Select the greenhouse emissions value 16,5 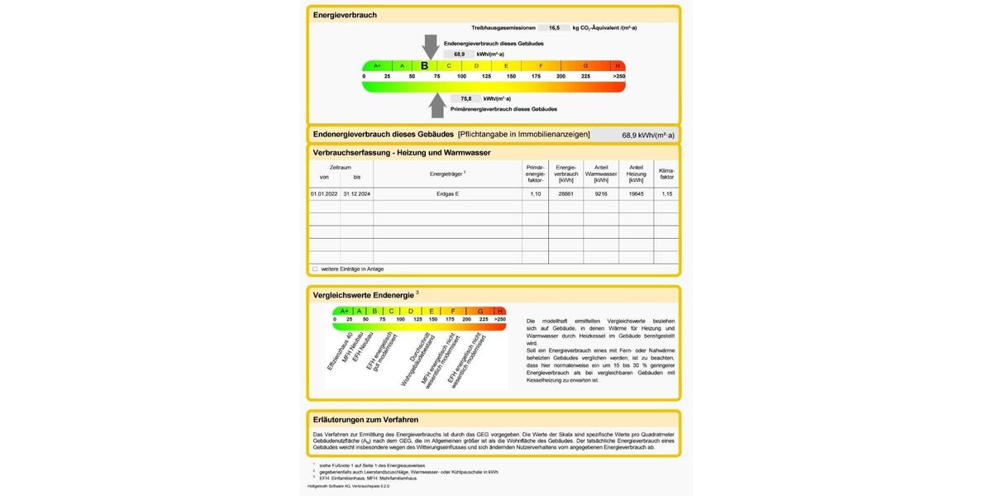pos(554,28)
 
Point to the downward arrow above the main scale pos(430,45)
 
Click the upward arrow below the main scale pos(436,105)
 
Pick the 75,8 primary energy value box pos(466,98)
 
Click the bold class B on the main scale pos(425,66)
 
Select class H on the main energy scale pos(617,66)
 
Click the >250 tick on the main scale pos(618,77)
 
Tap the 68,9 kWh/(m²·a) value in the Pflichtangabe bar pos(648,135)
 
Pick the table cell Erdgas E pos(447,193)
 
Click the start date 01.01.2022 pos(324,193)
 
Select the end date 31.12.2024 pos(357,193)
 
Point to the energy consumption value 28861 pos(565,193)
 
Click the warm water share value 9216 pos(601,193)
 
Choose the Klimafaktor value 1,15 pos(667,193)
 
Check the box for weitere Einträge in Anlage pos(315,269)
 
